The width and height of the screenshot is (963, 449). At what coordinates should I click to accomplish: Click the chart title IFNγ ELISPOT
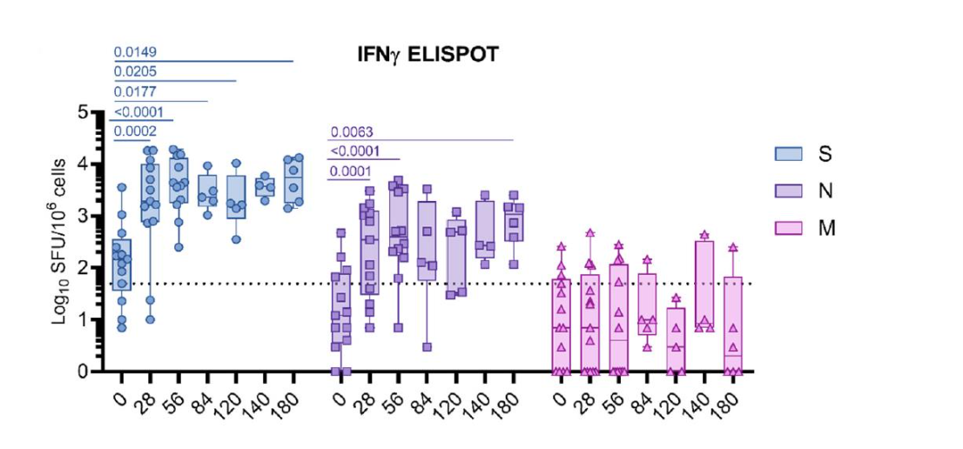pos(421,55)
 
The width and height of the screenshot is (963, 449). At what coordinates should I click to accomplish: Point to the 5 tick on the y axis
pos(95,112)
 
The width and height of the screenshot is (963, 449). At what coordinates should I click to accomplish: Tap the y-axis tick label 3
pos(95,216)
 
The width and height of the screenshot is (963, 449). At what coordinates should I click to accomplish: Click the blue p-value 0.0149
pos(135,51)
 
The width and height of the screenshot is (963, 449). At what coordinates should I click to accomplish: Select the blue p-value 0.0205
pos(135,72)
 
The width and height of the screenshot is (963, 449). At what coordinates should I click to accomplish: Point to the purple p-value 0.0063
pos(351,132)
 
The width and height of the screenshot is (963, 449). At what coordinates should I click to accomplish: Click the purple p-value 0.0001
pos(351,172)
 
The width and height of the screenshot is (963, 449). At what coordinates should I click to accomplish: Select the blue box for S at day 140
pos(266,186)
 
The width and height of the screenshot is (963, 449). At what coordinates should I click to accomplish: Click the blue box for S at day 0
pos(122,264)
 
